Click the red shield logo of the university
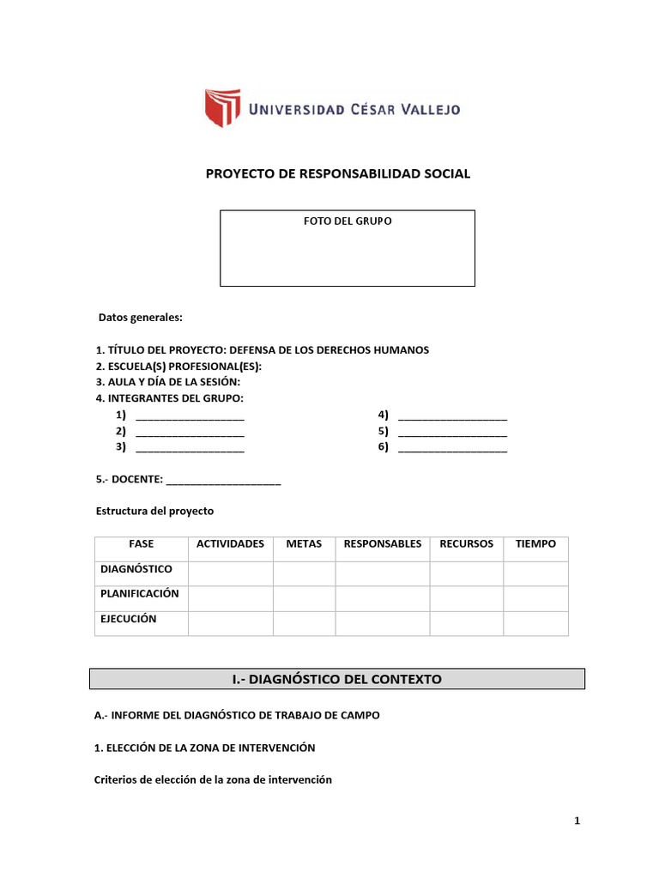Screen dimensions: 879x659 coord(221,108)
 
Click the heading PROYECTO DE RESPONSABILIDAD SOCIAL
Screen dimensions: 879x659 coord(338,173)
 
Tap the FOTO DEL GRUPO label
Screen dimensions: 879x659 coord(348,221)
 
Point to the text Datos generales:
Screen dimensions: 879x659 coord(140,317)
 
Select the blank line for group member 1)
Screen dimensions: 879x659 coord(190,417)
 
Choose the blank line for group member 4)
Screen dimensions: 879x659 coord(452,417)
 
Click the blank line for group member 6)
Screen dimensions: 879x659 coord(452,448)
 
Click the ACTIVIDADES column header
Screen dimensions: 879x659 coord(230,544)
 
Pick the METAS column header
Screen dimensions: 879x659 coord(304,544)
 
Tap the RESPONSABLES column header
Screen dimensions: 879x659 coord(382,544)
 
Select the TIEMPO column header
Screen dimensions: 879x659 coord(535,544)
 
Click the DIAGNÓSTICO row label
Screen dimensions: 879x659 coord(136,569)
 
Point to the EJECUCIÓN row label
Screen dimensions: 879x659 coord(129,619)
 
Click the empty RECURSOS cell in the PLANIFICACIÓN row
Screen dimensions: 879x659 coord(466,598)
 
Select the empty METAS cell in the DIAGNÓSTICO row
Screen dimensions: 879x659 coord(304,573)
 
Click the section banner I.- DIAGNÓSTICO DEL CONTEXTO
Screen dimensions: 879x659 coord(337,679)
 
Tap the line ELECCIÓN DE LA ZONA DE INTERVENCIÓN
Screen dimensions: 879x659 coord(205,749)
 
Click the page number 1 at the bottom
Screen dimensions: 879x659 coord(577,821)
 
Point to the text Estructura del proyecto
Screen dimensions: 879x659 coord(154,511)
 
